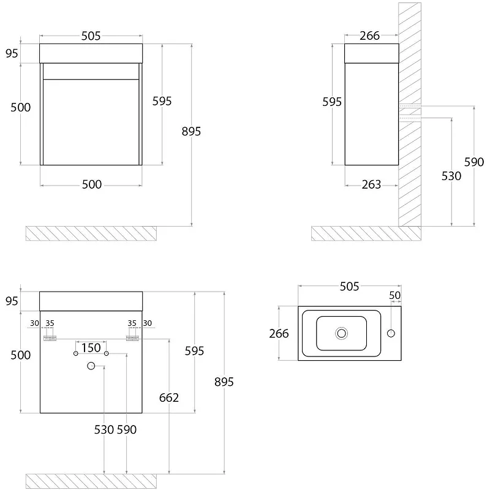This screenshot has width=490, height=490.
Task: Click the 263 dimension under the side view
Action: tap(371, 185)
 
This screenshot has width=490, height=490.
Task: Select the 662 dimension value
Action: tap(169, 398)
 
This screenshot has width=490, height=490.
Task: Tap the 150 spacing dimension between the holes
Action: tap(91, 348)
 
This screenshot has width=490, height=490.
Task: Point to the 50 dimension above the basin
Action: tap(395, 295)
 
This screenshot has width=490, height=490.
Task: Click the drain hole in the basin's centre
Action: tap(342, 333)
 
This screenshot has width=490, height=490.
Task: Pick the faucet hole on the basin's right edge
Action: tap(391, 333)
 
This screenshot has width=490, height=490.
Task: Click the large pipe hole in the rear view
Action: tap(91, 366)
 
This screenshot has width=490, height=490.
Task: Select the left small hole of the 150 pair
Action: tap(75, 353)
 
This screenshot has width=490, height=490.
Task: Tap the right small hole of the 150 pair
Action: tap(106, 353)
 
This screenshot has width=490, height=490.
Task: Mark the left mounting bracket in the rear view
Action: tap(50, 338)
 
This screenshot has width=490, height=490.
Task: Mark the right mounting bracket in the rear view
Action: tap(132, 338)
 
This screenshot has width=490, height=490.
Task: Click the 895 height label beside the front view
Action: tap(191, 132)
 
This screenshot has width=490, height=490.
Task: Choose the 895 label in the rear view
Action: tap(224, 382)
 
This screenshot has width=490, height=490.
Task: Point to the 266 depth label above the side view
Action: tap(370, 36)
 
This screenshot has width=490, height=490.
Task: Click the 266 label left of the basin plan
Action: tap(279, 334)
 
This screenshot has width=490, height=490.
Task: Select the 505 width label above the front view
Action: tap(91, 36)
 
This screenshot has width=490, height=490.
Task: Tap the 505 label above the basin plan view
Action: tap(349, 287)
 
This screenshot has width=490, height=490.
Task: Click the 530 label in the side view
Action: tap(451, 176)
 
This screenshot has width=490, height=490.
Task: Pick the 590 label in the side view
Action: tap(474, 162)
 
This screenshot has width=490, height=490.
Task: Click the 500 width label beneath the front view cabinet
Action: tap(92, 185)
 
